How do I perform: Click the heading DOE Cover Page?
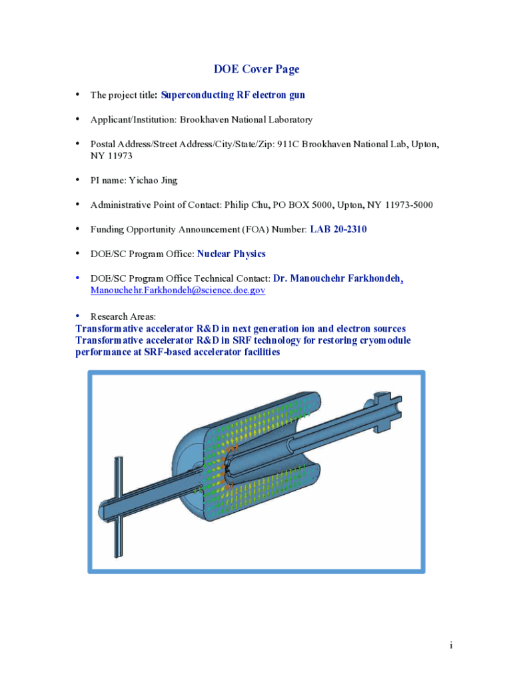256,69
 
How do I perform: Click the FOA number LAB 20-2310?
338,230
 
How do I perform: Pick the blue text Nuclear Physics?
231,254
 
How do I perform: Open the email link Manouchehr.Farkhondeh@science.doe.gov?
178,291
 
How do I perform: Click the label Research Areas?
123,316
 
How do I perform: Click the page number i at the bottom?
451,645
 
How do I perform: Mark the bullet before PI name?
78,180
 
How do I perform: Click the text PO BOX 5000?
302,204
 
